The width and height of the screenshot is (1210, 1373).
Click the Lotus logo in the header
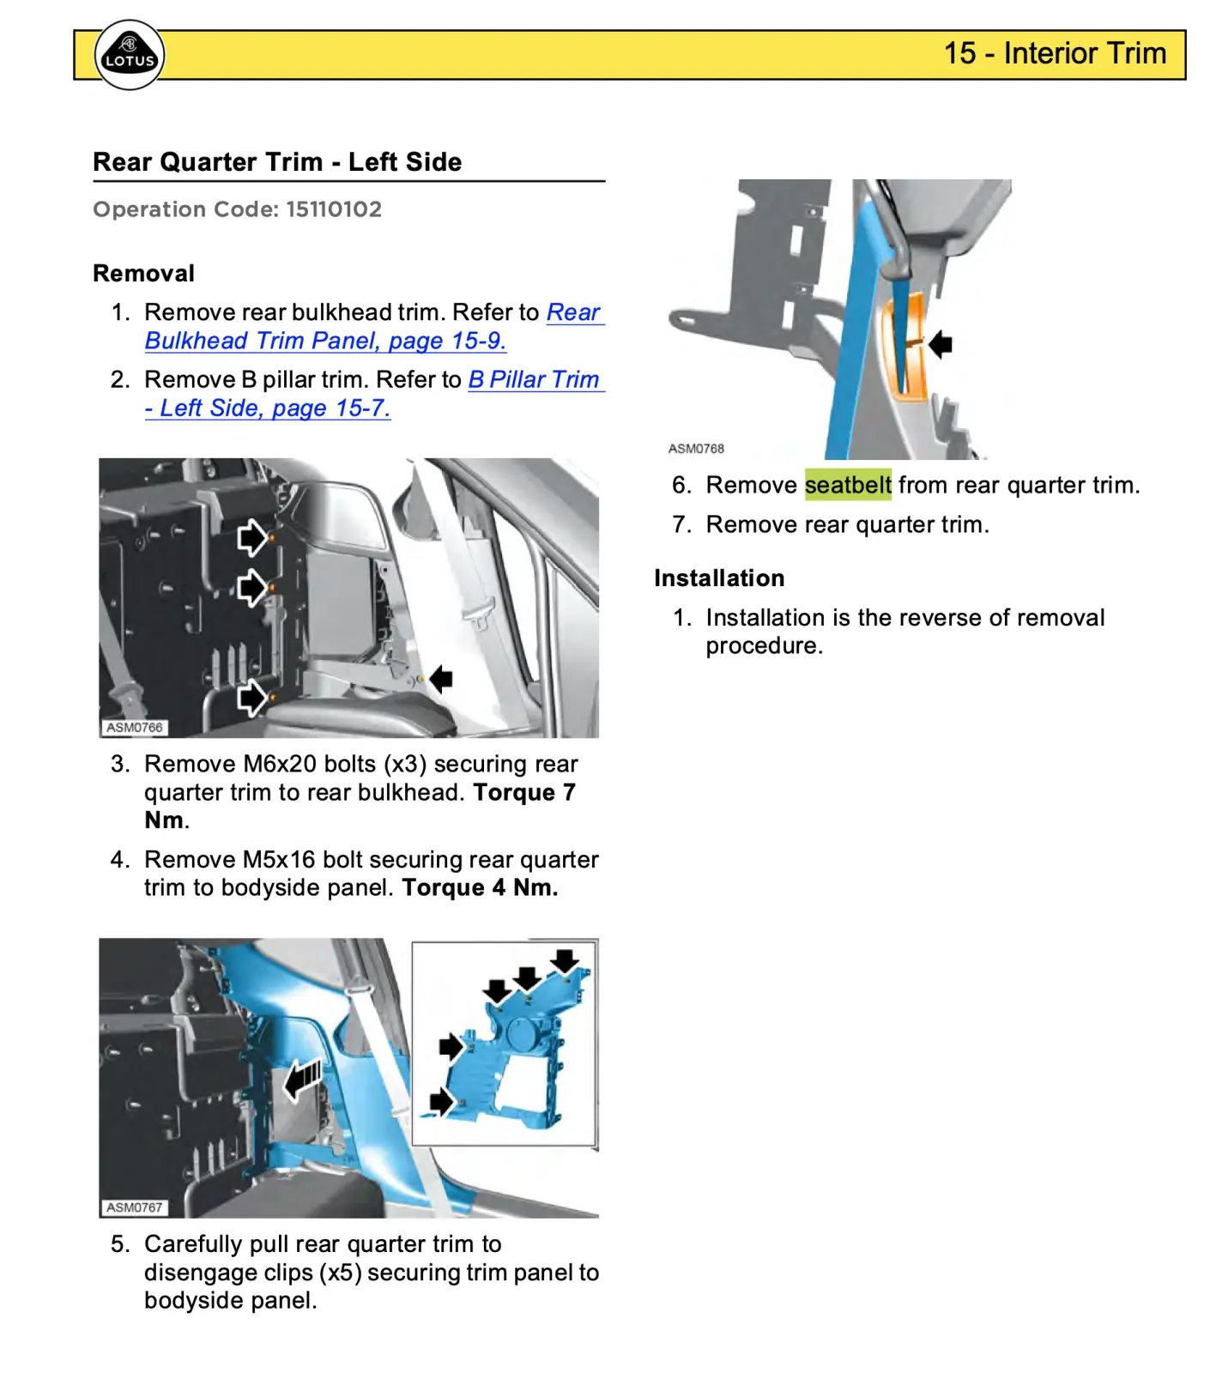129,55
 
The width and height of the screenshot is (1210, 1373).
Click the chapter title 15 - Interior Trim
1055,53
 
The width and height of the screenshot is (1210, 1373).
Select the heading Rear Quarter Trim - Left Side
276,162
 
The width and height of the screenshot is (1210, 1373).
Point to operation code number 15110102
334,209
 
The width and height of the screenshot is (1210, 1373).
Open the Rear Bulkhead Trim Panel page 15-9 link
325,341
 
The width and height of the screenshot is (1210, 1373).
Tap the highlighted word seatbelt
848,485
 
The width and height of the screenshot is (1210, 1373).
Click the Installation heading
719,578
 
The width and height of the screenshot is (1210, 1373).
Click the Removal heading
143,274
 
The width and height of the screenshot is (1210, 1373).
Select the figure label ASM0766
134,728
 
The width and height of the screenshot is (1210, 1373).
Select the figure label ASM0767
134,1207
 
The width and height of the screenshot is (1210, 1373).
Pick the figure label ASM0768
696,449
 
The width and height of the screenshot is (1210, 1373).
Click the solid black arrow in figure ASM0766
441,679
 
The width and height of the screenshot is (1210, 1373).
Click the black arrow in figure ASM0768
941,344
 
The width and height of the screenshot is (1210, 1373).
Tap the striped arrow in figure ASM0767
302,1079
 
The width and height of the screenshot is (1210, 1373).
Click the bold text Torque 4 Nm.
480,888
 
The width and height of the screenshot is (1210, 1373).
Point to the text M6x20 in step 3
292,764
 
